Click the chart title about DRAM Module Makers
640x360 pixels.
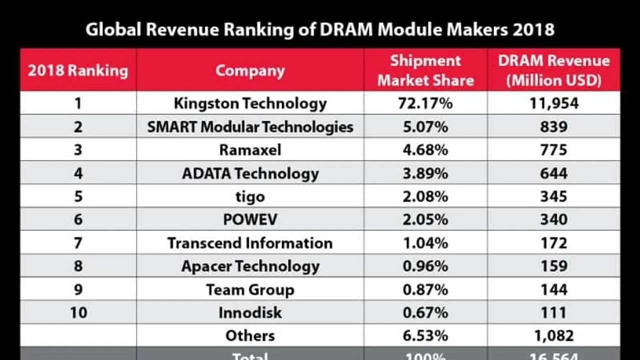click(x=320, y=29)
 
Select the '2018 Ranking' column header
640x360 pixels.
click(x=78, y=70)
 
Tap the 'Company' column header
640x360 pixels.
click(x=250, y=70)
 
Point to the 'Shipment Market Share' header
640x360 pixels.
click(x=425, y=70)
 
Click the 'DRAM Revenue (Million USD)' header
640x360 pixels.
click(x=553, y=70)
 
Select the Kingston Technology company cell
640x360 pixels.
click(x=250, y=103)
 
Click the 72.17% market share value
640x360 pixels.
click(x=425, y=103)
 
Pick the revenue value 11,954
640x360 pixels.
click(x=553, y=103)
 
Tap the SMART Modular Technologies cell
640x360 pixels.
click(x=250, y=127)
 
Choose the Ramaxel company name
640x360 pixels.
click(x=250, y=150)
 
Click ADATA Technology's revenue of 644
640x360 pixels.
click(x=553, y=173)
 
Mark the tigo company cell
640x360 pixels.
click(x=250, y=196)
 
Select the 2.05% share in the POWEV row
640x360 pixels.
click(x=425, y=219)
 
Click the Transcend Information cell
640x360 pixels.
click(x=250, y=243)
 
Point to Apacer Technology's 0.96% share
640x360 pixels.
click(x=425, y=266)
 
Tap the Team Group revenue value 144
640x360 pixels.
click(x=553, y=289)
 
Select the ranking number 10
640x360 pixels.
click(x=78, y=312)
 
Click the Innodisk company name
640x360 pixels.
click(x=250, y=312)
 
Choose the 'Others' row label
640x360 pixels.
click(x=250, y=335)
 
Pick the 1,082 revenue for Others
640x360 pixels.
click(x=553, y=335)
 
